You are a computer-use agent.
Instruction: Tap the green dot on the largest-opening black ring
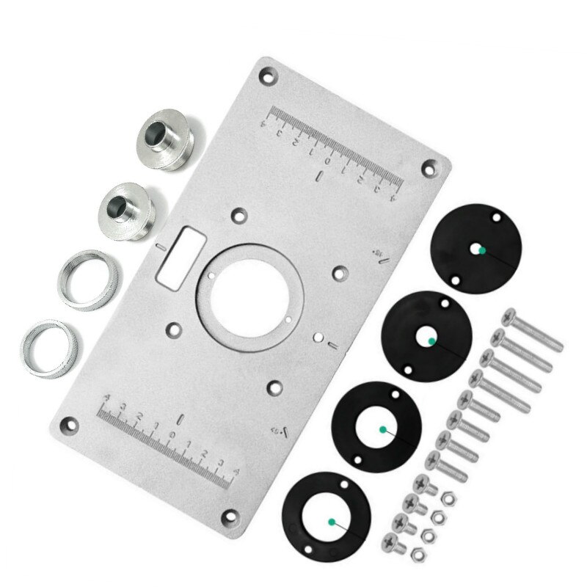(332, 522)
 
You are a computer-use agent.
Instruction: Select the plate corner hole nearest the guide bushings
(268, 73)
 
